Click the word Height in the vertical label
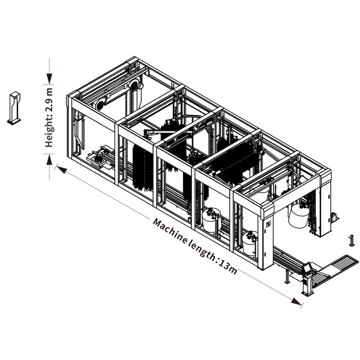[49, 133]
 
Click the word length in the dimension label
[202, 250]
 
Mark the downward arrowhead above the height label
[49, 79]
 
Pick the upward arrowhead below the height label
[49, 160]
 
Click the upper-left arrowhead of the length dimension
[62, 169]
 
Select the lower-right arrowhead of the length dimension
[296, 301]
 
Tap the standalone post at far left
[14, 108]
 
